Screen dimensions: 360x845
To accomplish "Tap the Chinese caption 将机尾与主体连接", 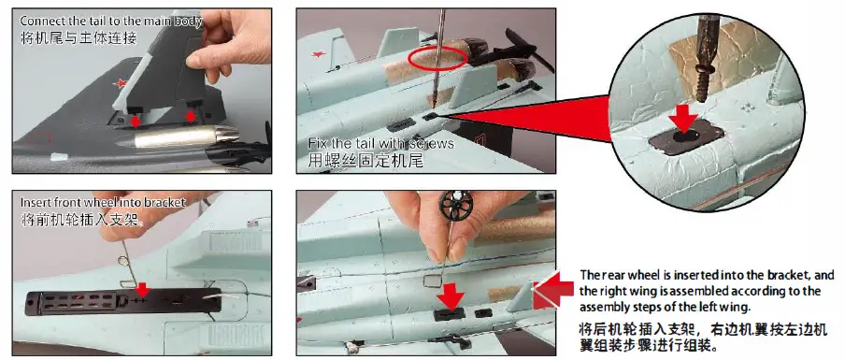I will coord(79,38).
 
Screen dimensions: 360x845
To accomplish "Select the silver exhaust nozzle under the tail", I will coord(177,139).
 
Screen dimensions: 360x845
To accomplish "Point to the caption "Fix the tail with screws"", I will coord(380,143).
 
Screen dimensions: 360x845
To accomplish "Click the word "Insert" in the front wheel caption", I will coord(36,202).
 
